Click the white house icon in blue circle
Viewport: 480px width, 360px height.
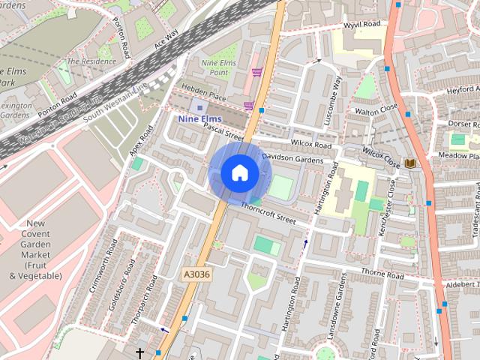click(x=239, y=173)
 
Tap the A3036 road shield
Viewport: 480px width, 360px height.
click(x=196, y=276)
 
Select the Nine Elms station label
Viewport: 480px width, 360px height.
click(x=199, y=118)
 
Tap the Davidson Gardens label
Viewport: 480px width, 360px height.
click(x=292, y=159)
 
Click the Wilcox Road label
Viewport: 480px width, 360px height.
click(x=311, y=144)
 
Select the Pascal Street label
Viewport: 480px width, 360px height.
click(x=223, y=132)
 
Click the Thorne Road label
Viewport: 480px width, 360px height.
click(x=382, y=274)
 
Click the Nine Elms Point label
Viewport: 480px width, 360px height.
click(x=218, y=67)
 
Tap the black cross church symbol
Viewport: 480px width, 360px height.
click(x=139, y=352)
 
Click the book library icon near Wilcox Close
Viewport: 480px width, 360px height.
click(x=409, y=163)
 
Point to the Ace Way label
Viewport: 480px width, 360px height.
click(x=166, y=38)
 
